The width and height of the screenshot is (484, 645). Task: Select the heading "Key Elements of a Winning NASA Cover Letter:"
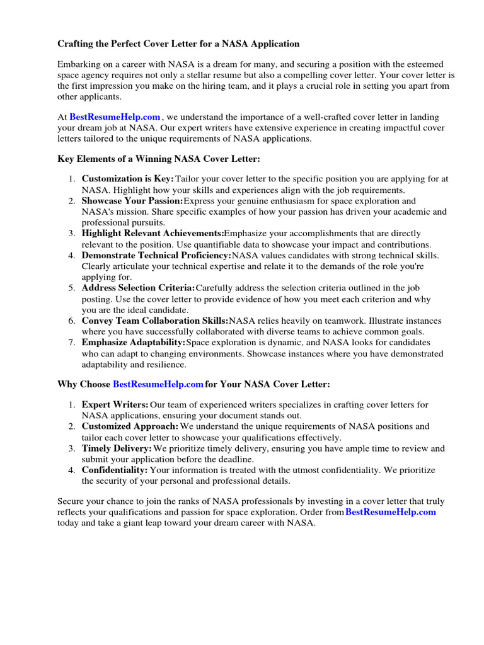tap(158, 159)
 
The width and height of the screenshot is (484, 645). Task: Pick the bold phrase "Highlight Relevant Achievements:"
tap(153, 234)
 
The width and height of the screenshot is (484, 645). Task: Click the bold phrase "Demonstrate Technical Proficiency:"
tap(156, 255)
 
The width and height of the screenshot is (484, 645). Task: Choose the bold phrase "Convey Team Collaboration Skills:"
tap(154, 321)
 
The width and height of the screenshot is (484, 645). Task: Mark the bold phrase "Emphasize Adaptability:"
tap(133, 343)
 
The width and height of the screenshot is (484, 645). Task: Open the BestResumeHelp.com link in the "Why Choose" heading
tap(158, 384)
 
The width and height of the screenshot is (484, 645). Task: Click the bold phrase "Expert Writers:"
tap(115, 404)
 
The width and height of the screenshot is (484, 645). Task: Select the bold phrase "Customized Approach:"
tap(130, 426)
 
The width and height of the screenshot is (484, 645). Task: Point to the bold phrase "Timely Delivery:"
tap(117, 448)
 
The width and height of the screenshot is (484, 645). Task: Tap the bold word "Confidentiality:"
tap(115, 470)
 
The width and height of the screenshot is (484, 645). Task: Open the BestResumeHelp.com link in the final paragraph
tap(391, 512)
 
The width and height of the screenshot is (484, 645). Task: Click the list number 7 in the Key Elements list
tap(72, 343)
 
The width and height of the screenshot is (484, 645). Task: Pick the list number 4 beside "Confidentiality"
tap(72, 470)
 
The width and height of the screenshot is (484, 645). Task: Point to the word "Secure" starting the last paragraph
tap(71, 501)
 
